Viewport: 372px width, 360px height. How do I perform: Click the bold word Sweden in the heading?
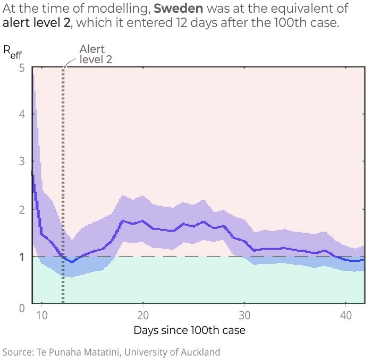[x=177, y=10]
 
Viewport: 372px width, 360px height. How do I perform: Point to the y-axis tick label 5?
[x=21, y=67]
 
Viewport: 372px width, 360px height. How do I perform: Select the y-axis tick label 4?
[x=21, y=114]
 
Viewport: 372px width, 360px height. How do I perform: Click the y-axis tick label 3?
[x=21, y=161]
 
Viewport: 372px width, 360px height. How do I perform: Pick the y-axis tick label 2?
[x=21, y=209]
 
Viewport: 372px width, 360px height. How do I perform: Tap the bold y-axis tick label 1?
[x=21, y=257]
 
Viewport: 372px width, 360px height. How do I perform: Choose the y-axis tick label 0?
[x=21, y=308]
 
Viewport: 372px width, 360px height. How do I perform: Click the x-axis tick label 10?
[x=42, y=313]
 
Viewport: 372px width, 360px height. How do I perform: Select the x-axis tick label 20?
[x=143, y=313]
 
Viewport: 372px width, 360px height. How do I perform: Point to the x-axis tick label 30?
[x=244, y=313]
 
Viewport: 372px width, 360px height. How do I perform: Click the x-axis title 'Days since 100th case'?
[x=189, y=330]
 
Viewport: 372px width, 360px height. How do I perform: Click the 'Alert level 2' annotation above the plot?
[x=96, y=54]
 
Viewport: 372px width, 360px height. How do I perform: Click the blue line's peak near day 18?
[x=123, y=220]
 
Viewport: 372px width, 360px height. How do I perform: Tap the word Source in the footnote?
[x=18, y=352]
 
